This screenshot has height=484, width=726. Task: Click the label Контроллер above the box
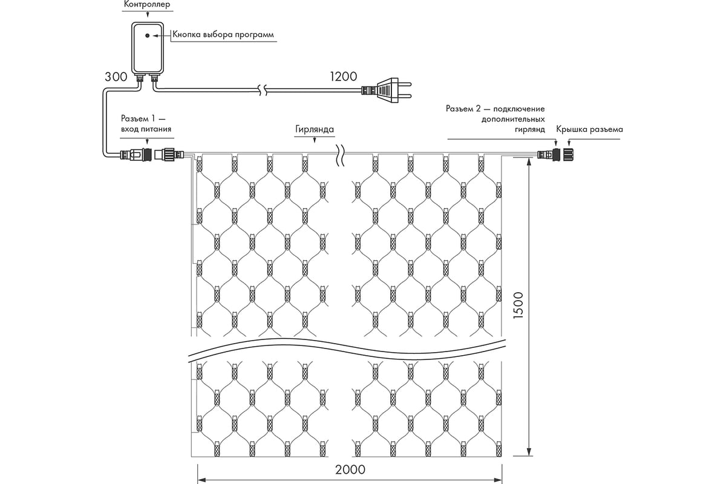click(147, 5)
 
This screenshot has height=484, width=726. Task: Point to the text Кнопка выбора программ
click(223, 34)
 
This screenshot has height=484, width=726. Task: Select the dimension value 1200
click(342, 77)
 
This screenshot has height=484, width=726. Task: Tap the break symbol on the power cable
click(261, 90)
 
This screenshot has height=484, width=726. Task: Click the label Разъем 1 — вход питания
click(146, 123)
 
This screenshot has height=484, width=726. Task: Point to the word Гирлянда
click(315, 129)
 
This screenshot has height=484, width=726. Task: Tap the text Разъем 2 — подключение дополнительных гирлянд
click(495, 119)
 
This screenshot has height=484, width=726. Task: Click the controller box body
click(147, 48)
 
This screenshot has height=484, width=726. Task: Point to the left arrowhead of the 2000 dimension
click(200, 478)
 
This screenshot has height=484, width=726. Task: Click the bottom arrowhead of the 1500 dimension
click(530, 453)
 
